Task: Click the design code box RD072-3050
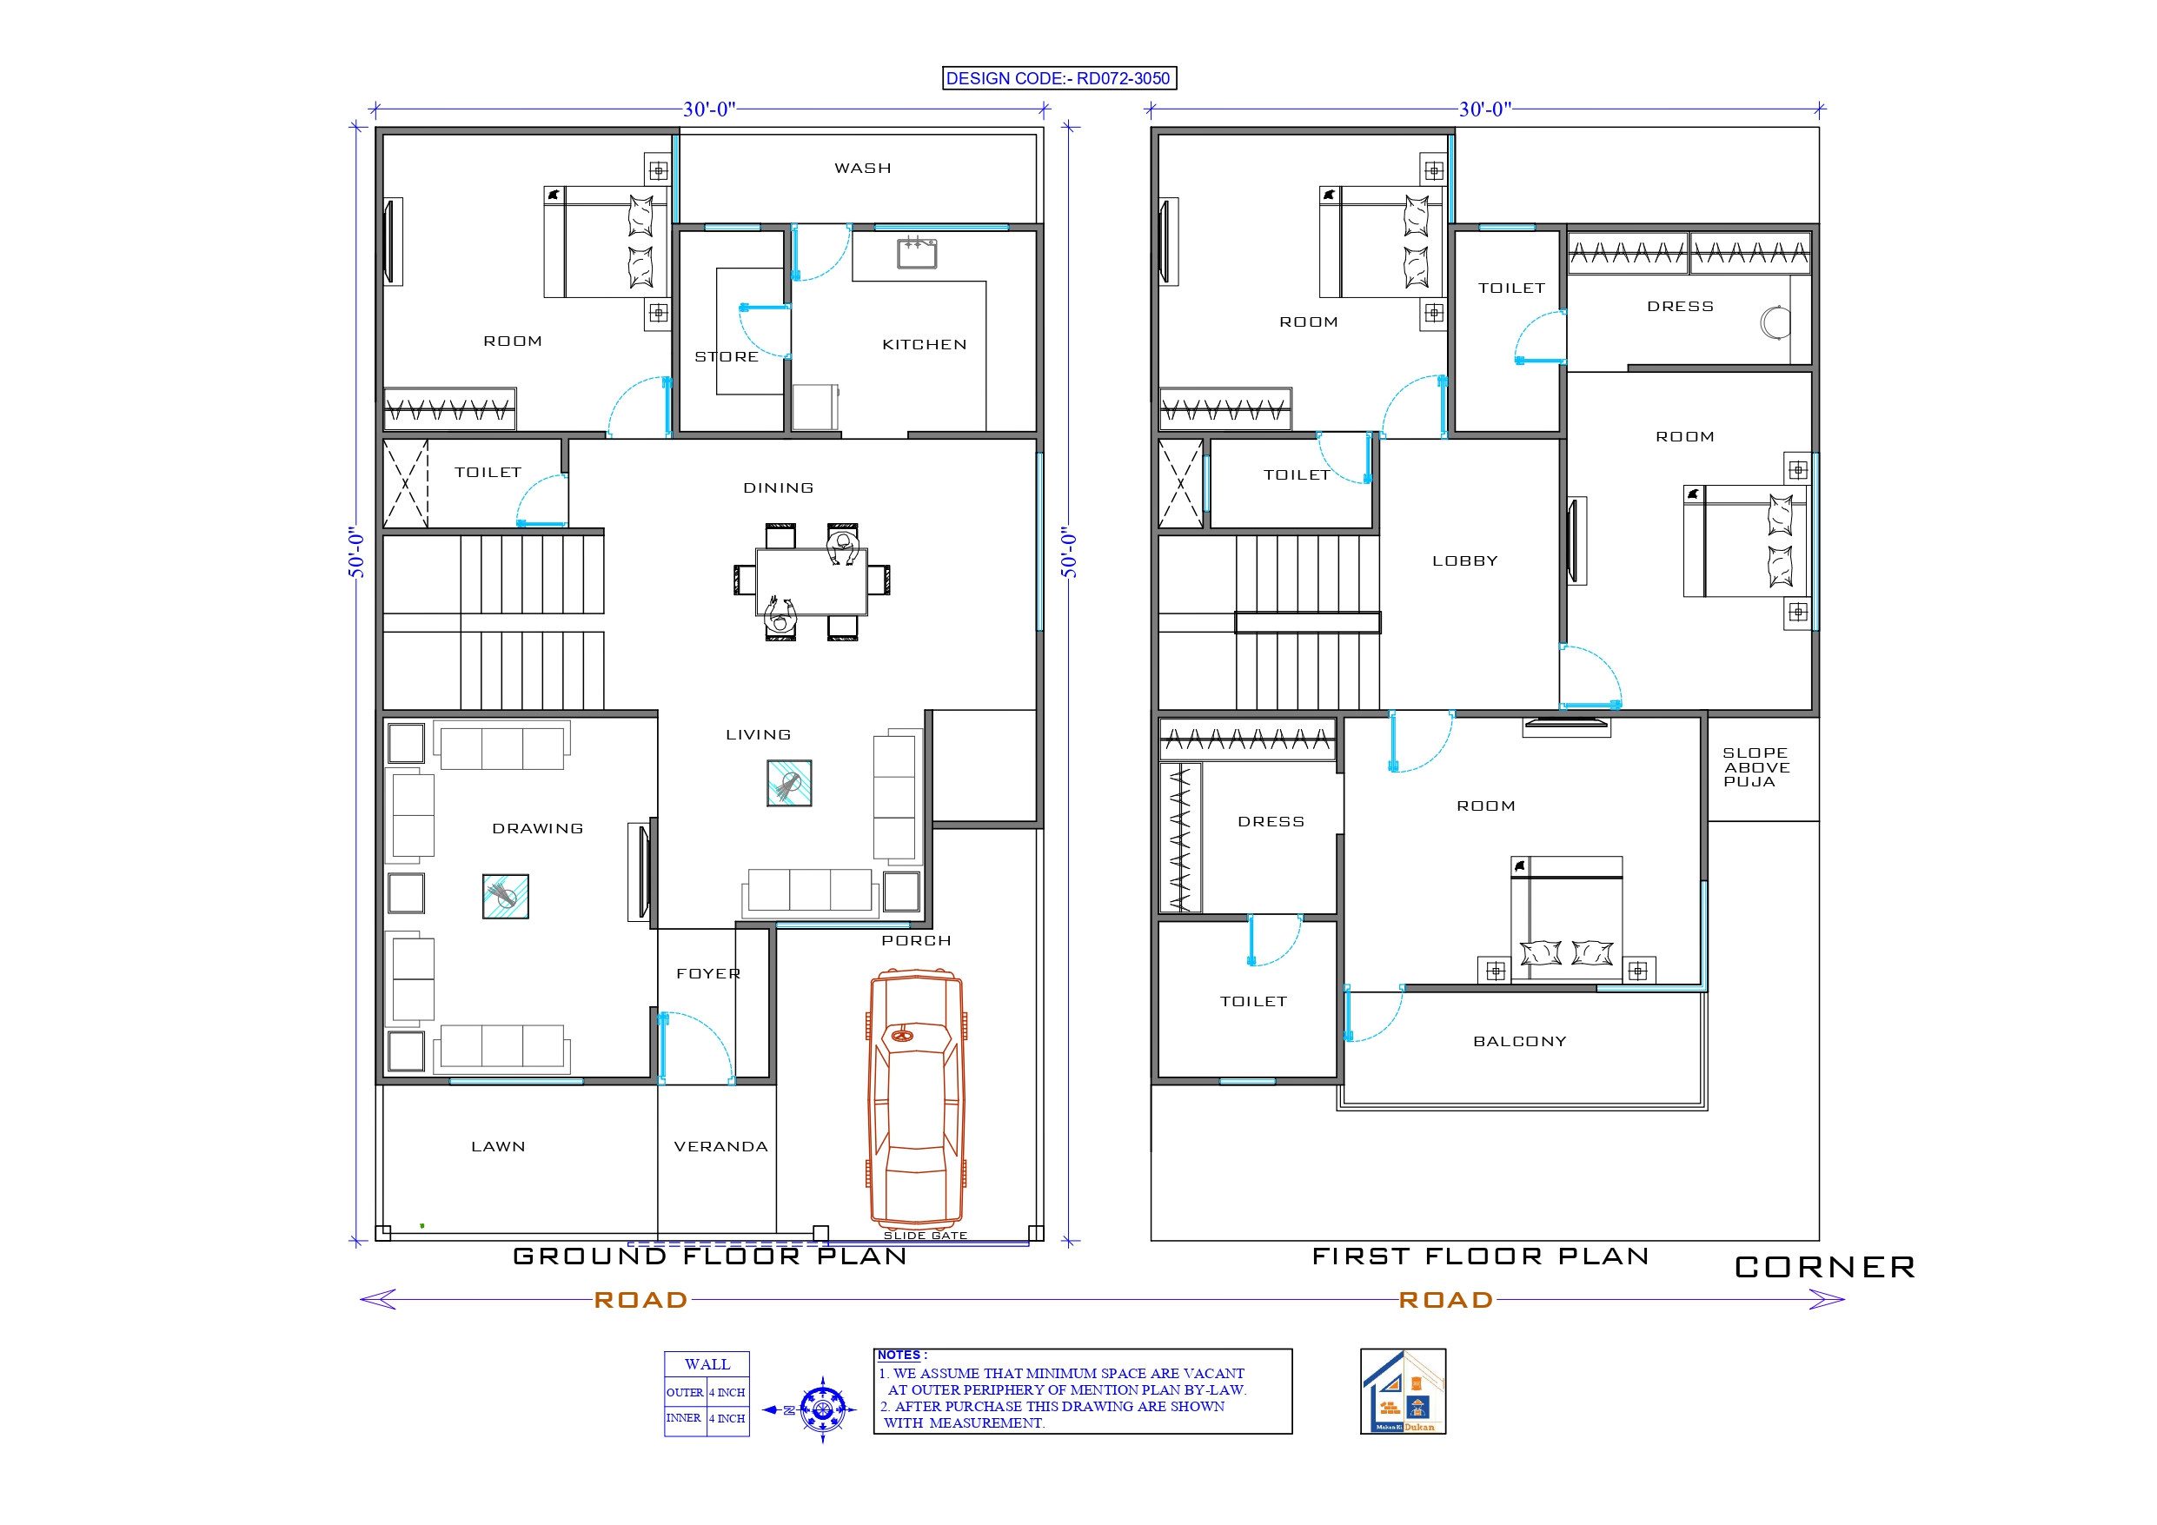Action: (x=1059, y=78)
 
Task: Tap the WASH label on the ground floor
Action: (x=862, y=169)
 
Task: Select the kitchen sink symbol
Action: (x=916, y=253)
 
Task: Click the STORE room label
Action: (x=727, y=357)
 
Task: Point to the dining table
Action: (x=812, y=581)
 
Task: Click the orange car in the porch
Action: (x=916, y=1099)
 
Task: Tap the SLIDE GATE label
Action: (x=925, y=1236)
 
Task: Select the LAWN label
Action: (x=498, y=1146)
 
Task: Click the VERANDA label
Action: (x=720, y=1146)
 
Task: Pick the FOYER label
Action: (x=708, y=973)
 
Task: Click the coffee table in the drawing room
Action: (x=506, y=896)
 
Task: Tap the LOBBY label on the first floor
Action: (x=1464, y=561)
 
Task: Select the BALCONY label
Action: (x=1519, y=1041)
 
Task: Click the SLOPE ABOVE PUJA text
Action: (x=1755, y=766)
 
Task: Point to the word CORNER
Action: (x=1824, y=1267)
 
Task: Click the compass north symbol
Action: (x=823, y=1409)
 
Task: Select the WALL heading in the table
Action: (x=707, y=1364)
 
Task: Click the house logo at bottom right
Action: (x=1403, y=1391)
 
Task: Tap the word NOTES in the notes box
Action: (x=898, y=1355)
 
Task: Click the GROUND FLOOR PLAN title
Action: (x=710, y=1256)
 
